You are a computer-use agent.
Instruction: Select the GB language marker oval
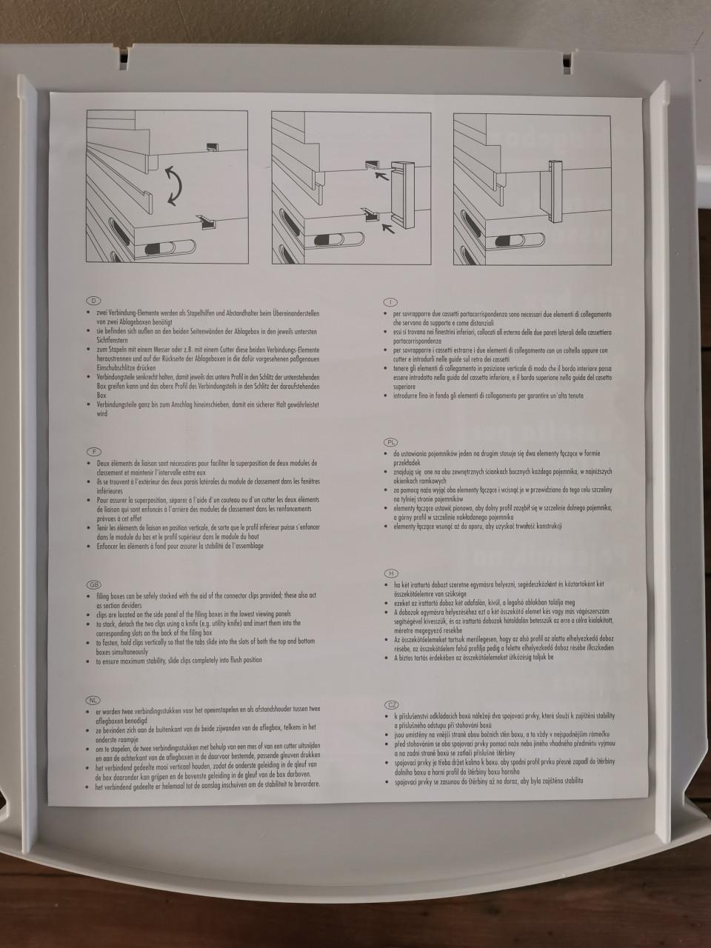(x=94, y=584)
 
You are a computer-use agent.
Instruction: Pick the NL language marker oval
(x=94, y=700)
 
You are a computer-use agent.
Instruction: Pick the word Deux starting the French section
(x=104, y=463)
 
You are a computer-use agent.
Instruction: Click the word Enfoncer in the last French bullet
(x=108, y=546)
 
